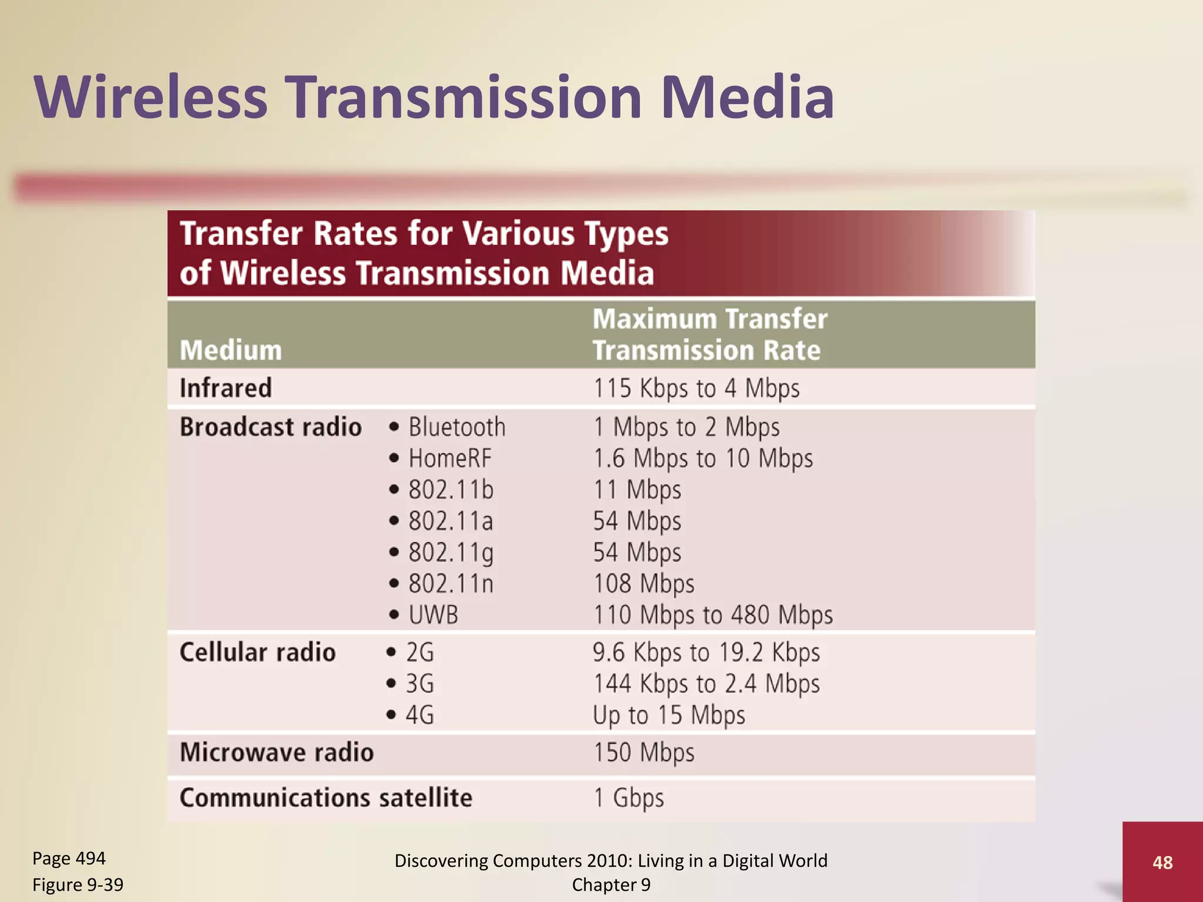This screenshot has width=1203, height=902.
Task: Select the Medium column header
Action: pos(231,351)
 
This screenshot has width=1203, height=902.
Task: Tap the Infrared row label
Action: pos(226,388)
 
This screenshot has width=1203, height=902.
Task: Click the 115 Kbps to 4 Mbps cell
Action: pos(696,389)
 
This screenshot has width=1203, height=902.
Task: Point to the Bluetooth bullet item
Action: pos(456,427)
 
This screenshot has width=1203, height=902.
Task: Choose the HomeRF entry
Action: pos(449,459)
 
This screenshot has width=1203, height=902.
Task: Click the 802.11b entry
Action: pos(451,490)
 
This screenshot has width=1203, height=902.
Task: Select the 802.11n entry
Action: pos(451,584)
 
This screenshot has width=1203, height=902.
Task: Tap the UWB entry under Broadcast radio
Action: pos(433,615)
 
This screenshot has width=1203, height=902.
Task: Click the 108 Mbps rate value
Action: pos(644,584)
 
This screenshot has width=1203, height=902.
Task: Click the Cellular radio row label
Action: pos(257,652)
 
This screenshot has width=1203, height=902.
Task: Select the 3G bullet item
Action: pos(419,684)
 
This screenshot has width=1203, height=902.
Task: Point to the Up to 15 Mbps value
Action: pos(668,715)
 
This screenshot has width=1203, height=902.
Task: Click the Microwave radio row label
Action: pos(277,753)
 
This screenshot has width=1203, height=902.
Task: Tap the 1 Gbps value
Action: pos(629,798)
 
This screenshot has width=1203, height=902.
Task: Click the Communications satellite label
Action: pos(326,798)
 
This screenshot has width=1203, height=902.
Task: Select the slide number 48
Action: pos(1162,862)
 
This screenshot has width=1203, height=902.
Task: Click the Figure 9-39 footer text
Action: pos(78,885)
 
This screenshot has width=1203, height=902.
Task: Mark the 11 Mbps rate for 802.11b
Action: pos(637,490)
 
